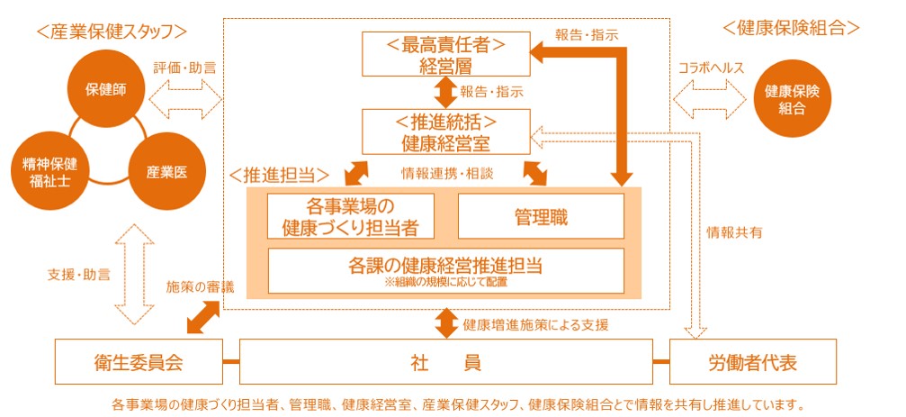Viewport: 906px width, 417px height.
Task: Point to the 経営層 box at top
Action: (444, 54)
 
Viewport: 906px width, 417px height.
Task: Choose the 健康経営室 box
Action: (444, 131)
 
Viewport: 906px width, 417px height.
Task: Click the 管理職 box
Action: (541, 216)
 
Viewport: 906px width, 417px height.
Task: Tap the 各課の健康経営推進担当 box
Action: (445, 270)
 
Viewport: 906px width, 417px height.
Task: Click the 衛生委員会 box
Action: (139, 362)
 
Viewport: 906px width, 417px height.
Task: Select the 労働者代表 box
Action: (752, 362)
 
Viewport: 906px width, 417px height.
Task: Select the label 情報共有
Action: (735, 232)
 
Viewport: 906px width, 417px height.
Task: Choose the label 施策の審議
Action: (200, 287)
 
